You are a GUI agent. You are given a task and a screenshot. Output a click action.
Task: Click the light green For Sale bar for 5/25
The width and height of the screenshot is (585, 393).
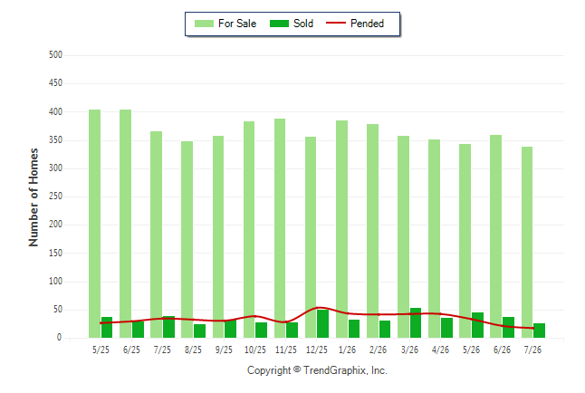point(94,224)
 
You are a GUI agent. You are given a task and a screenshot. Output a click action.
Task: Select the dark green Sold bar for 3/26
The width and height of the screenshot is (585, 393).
point(416,323)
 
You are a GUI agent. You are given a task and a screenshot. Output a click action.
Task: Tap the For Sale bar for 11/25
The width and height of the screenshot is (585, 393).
point(280,228)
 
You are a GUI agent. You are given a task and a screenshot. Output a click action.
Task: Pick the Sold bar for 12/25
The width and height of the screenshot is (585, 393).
point(323,323)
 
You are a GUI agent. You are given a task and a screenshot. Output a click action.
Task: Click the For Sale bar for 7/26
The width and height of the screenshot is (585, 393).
point(527,242)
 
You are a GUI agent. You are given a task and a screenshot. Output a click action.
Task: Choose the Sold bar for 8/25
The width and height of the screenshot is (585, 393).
point(199,331)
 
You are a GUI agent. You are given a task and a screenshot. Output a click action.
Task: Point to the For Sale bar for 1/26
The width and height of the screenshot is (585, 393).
point(341,229)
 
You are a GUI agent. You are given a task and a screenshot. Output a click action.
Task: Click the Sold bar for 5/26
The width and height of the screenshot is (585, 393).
point(477,325)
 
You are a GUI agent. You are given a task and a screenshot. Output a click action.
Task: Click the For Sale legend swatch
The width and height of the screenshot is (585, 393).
point(204,24)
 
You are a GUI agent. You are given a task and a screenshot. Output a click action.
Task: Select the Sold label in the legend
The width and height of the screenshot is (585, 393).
point(303,24)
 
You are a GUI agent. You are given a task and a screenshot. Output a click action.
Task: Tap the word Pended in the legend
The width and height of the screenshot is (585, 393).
point(367,24)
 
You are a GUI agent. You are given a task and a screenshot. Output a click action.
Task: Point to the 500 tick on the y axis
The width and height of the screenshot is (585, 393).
point(55,55)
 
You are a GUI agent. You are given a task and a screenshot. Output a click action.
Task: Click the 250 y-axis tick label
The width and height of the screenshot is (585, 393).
point(55,196)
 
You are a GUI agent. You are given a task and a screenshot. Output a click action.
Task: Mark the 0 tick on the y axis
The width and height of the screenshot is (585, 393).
point(59,338)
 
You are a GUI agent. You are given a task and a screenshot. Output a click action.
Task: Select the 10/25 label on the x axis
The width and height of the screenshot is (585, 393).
point(254,350)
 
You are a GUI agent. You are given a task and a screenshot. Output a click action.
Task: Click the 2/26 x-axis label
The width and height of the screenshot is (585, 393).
point(378,350)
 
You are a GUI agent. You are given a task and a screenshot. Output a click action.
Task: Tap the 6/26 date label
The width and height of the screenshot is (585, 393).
point(502,350)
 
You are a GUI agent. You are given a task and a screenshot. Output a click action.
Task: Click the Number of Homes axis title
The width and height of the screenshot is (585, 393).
point(34,197)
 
